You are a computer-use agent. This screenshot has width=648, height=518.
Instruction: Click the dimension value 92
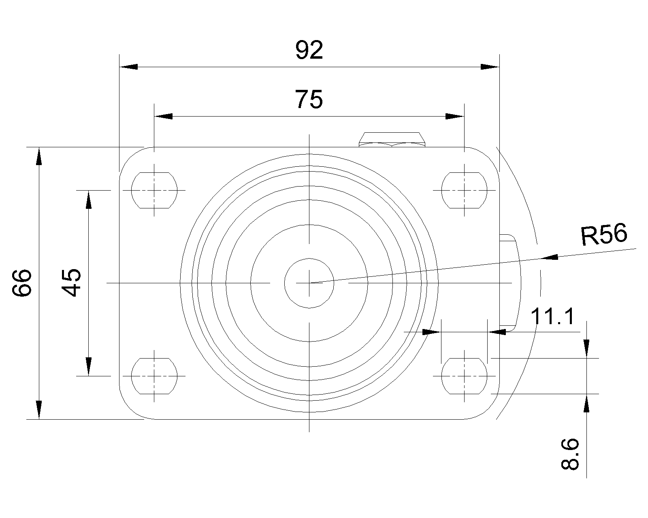[x=309, y=50]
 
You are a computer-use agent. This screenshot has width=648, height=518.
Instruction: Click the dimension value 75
[x=309, y=99]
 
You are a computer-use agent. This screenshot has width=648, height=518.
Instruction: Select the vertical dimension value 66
[x=22, y=283]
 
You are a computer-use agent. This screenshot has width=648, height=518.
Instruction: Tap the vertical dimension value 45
[x=71, y=282]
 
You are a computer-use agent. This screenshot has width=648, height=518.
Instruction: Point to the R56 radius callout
[x=604, y=234]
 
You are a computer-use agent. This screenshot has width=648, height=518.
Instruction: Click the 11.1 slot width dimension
[x=552, y=316]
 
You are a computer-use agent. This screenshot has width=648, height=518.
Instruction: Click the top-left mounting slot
[x=154, y=190]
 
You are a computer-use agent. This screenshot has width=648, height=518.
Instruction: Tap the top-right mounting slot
[x=464, y=190]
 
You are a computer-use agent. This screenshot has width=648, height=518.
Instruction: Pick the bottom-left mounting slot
[x=154, y=376]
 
